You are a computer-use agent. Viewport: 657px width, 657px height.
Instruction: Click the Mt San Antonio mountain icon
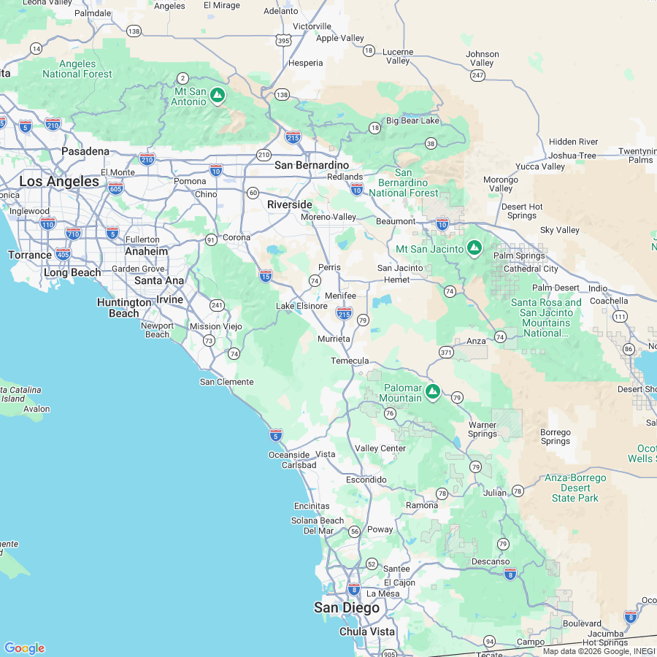217,96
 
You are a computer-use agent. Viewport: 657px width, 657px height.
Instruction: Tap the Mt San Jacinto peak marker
474,249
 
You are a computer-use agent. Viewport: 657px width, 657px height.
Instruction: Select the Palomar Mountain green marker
433,393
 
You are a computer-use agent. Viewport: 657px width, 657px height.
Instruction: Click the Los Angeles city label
59,181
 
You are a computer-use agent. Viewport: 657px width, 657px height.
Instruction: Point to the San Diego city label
347,607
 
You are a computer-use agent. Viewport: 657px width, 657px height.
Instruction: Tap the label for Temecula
350,361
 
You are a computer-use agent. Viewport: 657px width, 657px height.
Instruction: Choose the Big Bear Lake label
412,120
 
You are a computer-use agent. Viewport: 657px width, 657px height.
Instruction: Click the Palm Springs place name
519,255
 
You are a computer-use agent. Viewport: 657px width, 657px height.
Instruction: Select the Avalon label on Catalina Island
36,409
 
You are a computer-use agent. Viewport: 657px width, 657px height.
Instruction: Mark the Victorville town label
312,26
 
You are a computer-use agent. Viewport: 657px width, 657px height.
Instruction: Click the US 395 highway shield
284,41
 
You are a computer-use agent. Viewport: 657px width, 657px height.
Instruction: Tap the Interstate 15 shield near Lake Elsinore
266,275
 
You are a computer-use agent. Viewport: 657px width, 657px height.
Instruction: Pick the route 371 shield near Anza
446,353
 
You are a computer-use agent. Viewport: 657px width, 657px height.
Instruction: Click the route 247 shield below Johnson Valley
477,75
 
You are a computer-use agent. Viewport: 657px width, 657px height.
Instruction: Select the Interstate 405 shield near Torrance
63,254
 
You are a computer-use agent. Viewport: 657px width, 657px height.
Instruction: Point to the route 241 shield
216,305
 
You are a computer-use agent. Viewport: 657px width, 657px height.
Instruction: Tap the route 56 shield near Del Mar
353,531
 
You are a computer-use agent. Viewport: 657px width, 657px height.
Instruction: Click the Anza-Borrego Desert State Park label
575,488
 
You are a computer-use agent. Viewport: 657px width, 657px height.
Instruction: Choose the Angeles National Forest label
77,69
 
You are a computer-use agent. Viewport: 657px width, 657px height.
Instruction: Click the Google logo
24,648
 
